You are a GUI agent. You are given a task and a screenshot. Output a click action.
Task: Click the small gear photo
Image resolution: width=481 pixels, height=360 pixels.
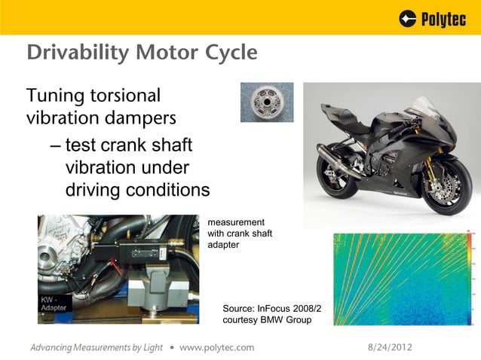(266, 102)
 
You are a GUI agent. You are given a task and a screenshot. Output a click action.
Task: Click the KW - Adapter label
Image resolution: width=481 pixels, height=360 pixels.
(54, 304)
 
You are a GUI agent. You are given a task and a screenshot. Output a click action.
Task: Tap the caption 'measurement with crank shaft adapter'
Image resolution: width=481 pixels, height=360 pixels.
(239, 233)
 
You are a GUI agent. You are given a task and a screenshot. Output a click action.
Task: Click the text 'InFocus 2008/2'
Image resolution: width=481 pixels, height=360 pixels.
(290, 309)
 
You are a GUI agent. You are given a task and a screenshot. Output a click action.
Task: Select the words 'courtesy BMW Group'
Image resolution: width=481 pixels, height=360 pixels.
(267, 321)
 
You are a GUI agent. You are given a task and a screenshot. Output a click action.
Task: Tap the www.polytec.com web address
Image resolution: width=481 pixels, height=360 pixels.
(217, 347)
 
